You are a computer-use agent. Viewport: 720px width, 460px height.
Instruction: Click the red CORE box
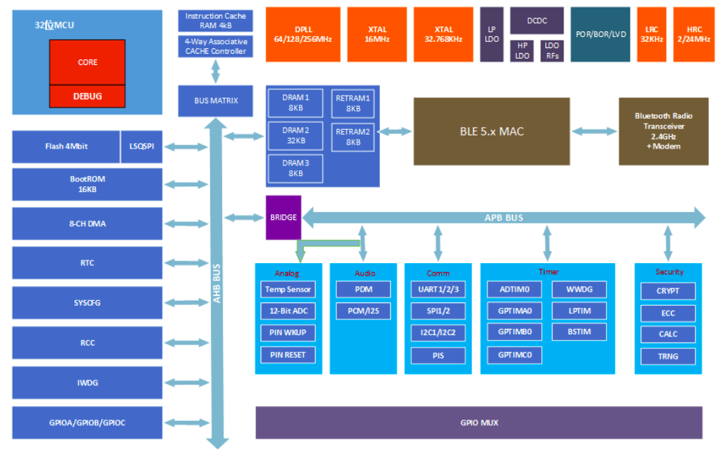coord(87,62)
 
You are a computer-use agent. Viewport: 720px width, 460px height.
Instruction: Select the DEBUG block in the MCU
coord(87,96)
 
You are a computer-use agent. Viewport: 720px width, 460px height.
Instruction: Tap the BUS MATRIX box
coord(216,101)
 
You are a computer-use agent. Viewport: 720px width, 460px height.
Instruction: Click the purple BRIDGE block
coord(284,217)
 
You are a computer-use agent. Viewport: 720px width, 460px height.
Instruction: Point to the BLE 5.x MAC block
coord(492,131)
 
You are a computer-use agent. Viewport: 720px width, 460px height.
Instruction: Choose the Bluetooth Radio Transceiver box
coord(663,131)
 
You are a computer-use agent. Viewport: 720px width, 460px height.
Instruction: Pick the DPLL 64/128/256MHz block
coord(303,34)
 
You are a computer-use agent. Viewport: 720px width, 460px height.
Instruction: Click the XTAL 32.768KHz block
coord(443,34)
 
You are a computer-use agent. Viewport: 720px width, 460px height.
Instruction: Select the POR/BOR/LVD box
coord(601,34)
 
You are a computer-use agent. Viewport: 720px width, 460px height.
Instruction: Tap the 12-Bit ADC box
coord(288,310)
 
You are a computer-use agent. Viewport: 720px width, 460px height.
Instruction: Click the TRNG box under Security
coord(668,356)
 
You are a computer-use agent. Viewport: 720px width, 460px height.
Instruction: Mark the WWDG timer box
coord(578,289)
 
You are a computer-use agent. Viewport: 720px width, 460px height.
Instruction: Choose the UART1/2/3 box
coord(438,289)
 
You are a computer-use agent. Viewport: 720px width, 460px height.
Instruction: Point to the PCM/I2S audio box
coord(362,310)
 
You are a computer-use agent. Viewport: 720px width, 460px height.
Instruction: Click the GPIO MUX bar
coord(479,422)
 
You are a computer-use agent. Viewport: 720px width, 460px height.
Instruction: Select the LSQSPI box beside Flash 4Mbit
coord(141,147)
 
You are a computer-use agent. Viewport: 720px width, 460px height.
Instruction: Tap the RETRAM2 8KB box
coord(353,137)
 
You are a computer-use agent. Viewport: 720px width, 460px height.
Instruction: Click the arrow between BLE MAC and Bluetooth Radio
coord(594,131)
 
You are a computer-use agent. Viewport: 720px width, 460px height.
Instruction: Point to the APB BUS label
coord(504,217)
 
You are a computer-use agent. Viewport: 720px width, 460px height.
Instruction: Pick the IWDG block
coord(87,383)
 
